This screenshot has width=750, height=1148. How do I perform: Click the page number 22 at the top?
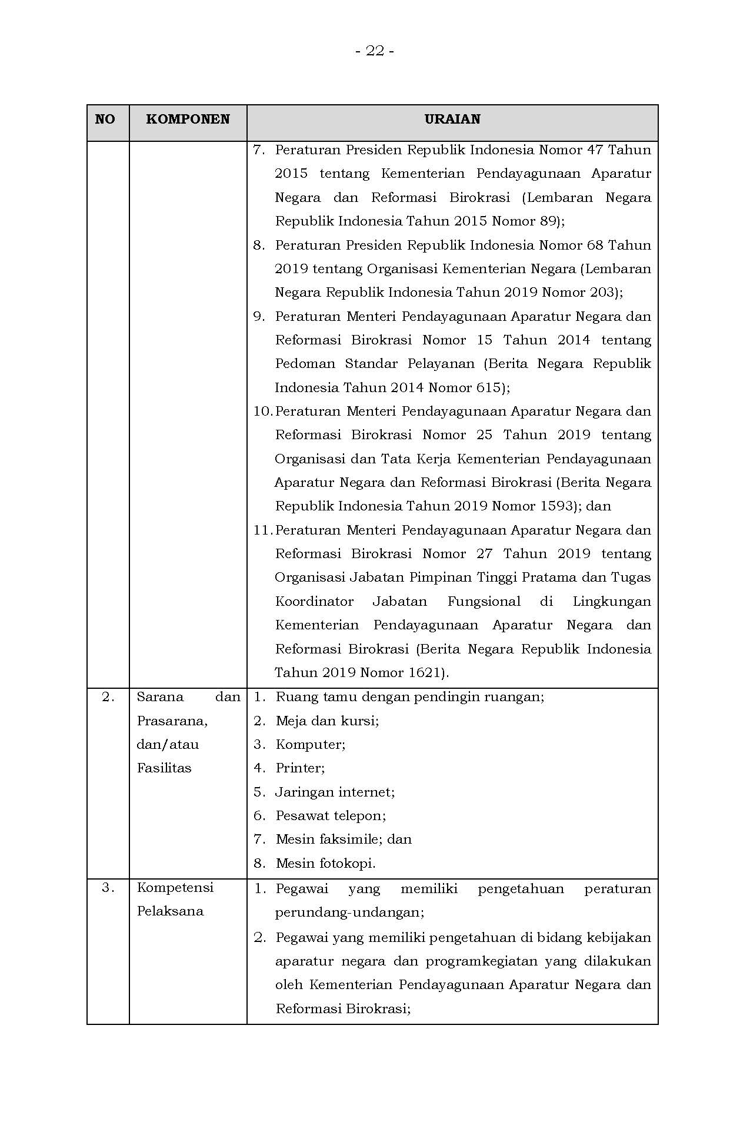coord(375,51)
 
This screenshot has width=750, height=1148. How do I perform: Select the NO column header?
coord(105,119)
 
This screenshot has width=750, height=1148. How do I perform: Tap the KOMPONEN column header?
coord(188,119)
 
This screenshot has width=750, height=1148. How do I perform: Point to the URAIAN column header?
coord(452,119)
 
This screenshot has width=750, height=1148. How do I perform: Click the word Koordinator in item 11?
coord(314,602)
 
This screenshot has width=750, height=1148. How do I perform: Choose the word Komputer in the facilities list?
coord(309,744)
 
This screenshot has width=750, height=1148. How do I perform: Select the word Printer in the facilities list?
coord(299,768)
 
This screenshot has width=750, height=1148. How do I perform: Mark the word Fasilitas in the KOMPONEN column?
coord(164,768)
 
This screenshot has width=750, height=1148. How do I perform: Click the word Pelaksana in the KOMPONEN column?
coord(170,911)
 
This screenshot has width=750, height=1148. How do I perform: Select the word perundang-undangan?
coord(348,912)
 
